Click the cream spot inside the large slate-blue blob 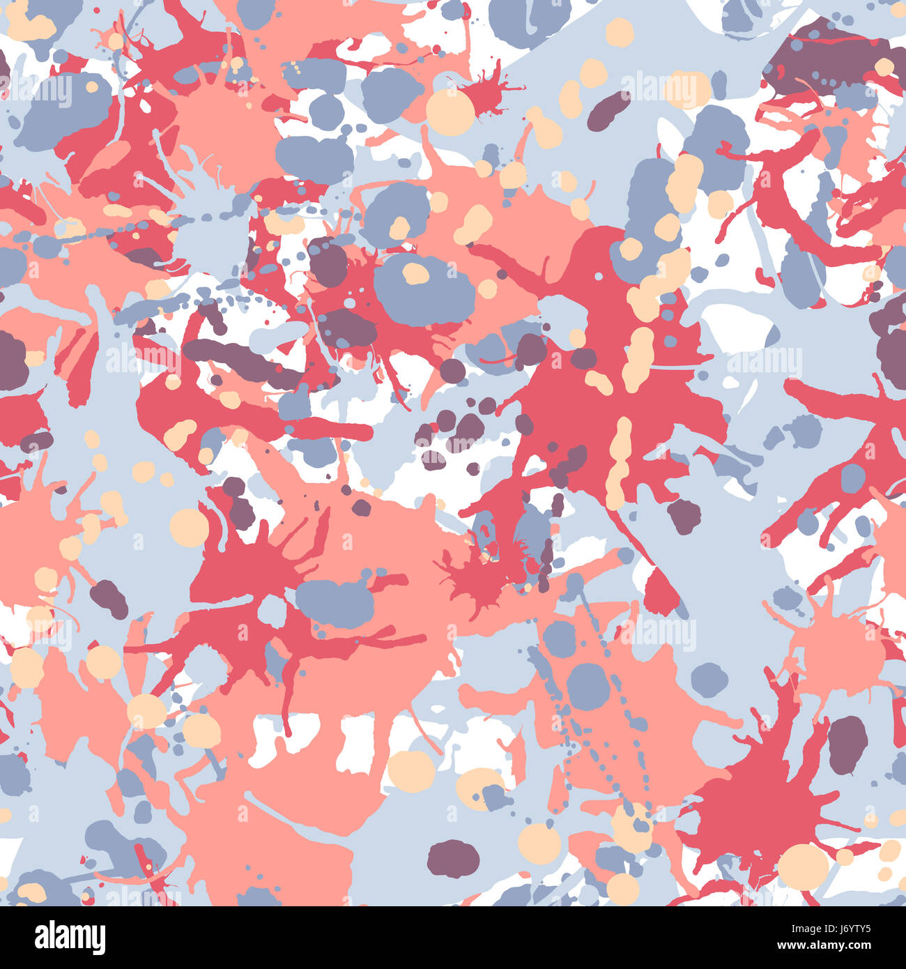pyautogui.click(x=415, y=273)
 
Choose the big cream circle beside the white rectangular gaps pyautogui.click(x=411, y=770)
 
